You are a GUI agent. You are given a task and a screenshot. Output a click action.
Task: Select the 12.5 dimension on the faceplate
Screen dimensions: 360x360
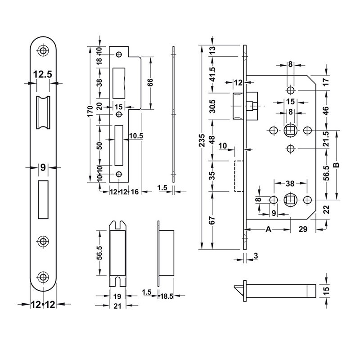tap(42, 73)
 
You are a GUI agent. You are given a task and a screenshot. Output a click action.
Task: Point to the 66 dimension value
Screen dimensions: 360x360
tap(150, 82)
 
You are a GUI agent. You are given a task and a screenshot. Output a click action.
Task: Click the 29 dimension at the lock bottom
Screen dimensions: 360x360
tap(303, 229)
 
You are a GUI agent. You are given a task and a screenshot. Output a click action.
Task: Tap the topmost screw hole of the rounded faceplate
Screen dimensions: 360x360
tap(43, 51)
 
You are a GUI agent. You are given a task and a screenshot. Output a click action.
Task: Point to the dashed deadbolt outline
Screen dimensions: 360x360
tap(239, 176)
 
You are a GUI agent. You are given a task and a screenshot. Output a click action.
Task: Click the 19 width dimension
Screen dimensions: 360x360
tap(117, 296)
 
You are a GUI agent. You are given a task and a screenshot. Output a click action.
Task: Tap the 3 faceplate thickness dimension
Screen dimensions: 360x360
tap(256, 256)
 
